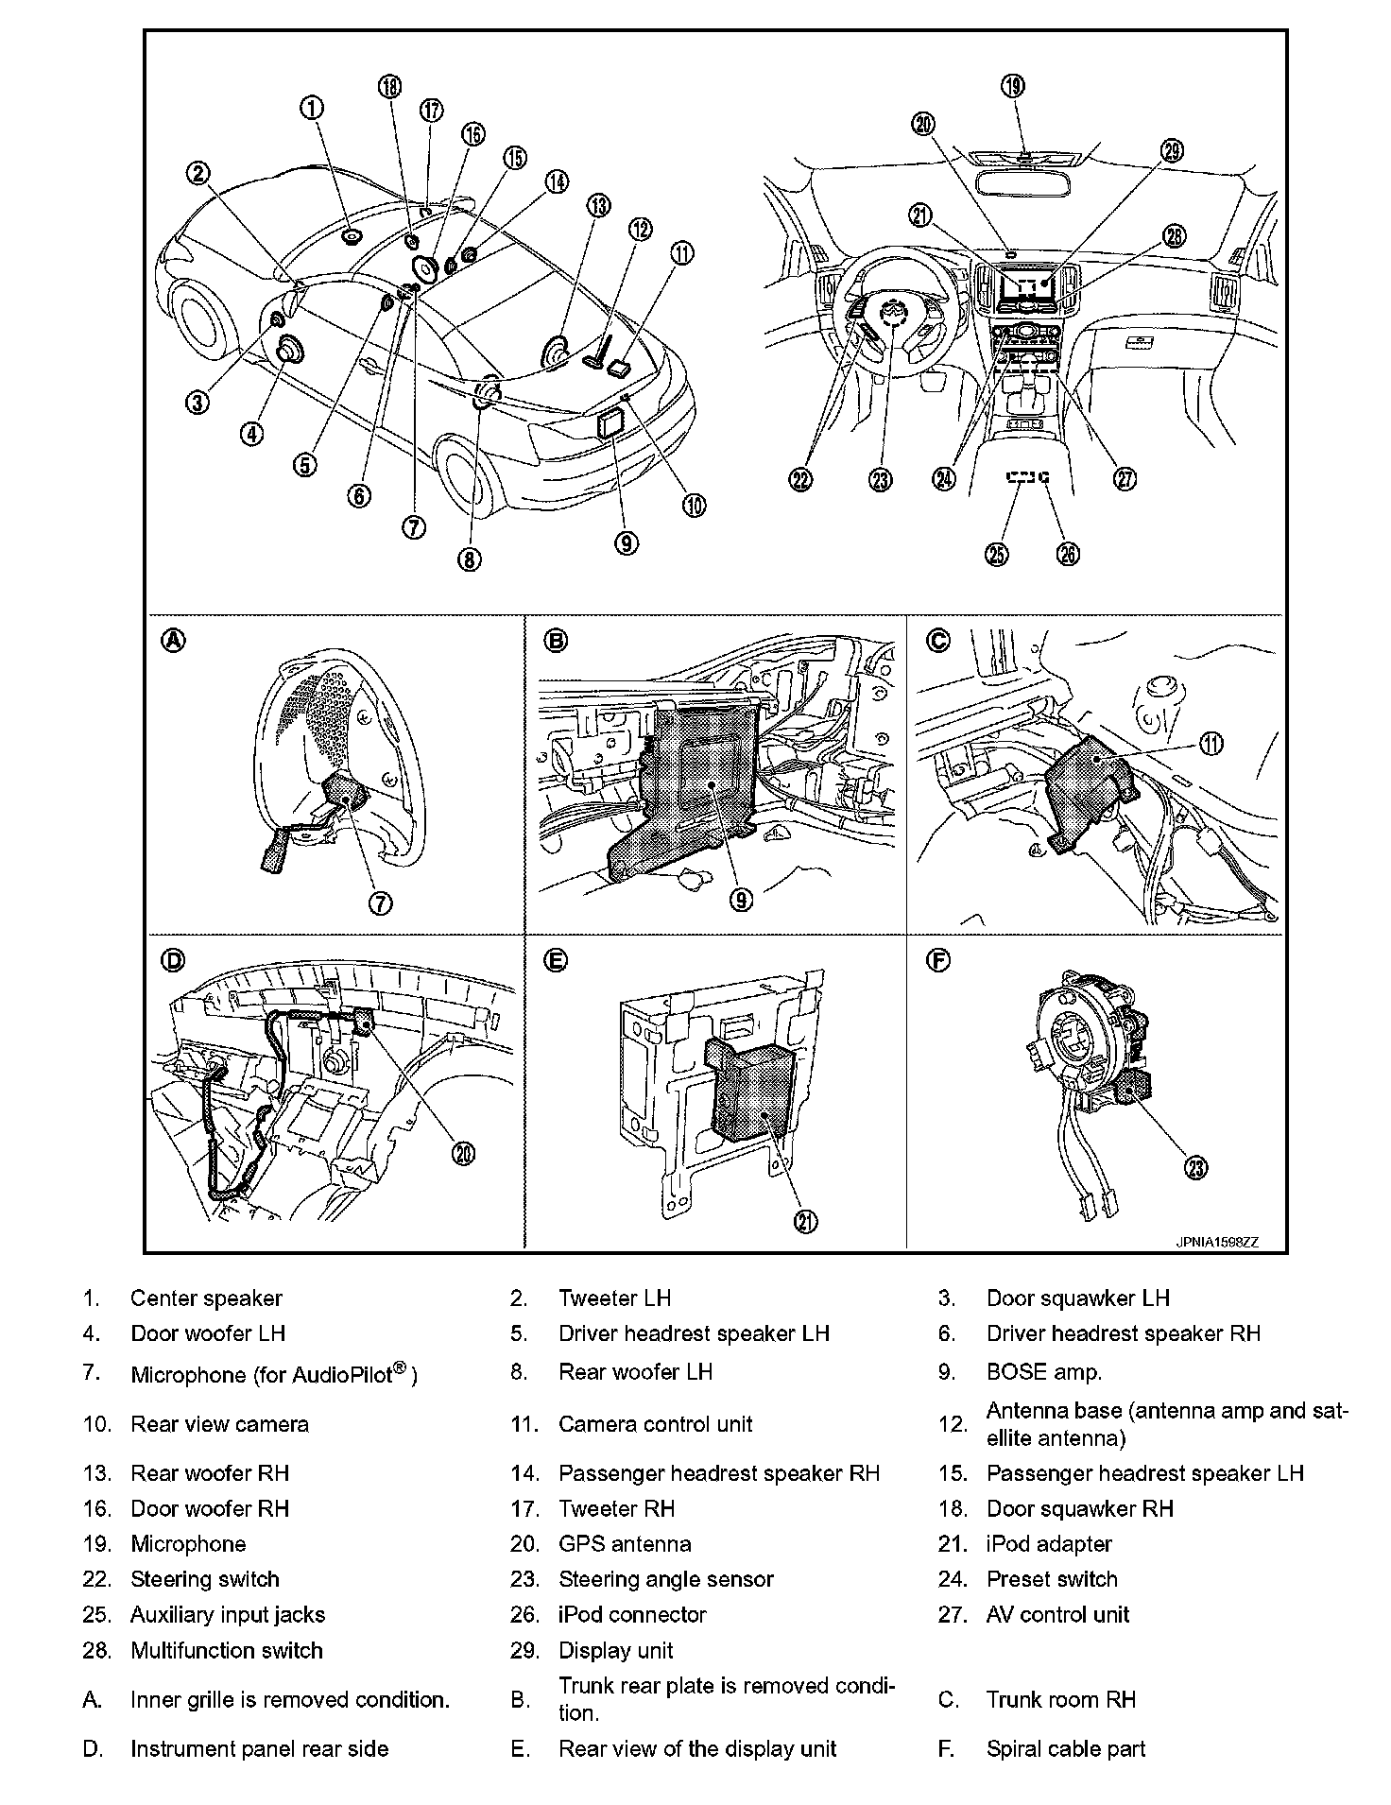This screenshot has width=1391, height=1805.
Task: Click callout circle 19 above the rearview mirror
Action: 1012,87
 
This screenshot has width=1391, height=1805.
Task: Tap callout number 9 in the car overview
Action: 626,542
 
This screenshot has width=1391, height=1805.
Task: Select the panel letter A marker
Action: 174,641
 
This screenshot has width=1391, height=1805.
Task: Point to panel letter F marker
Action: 937,961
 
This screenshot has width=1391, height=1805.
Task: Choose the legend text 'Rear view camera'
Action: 219,1424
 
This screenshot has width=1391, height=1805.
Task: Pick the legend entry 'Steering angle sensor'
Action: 665,1579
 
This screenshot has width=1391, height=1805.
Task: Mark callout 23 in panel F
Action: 1196,1168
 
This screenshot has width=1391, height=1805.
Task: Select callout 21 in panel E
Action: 805,1222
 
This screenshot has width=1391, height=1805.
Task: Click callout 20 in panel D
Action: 464,1153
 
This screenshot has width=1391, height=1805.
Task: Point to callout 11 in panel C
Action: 1211,746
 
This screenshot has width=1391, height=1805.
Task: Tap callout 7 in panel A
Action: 381,902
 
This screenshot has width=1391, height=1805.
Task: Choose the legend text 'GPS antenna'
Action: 625,1544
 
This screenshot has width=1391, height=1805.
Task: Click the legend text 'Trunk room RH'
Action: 1060,1700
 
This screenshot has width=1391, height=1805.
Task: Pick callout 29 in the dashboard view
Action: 1172,151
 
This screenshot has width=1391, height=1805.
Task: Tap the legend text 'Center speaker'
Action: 206,1298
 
